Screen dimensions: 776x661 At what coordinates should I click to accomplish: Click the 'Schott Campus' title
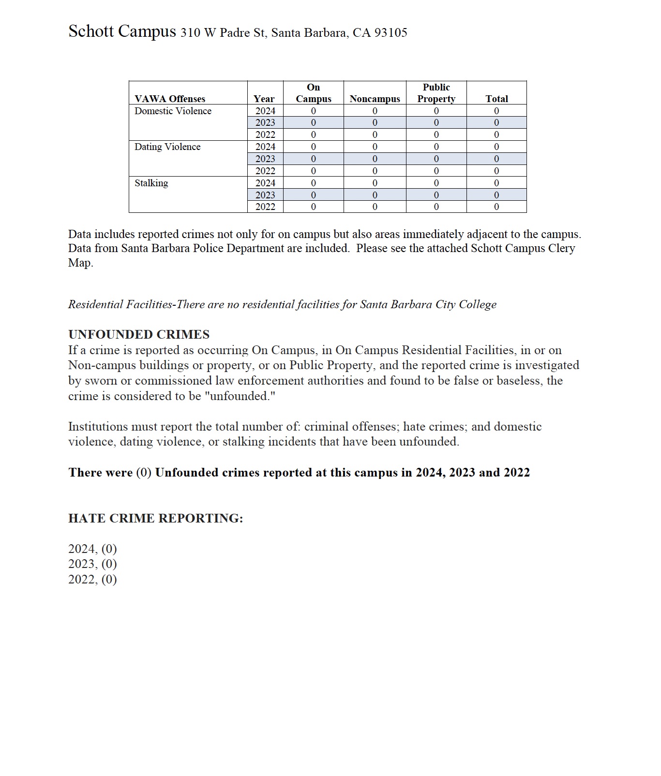122,31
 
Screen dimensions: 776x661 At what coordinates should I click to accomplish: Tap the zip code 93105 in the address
391,33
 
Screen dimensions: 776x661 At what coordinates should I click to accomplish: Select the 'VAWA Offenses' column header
170,99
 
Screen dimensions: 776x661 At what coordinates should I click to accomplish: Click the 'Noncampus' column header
375,99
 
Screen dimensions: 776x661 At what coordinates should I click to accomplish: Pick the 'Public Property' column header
436,93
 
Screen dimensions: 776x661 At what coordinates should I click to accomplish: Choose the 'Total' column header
496,99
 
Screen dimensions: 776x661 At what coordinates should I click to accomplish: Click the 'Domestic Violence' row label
173,111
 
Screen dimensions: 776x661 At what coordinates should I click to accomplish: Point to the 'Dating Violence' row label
167,147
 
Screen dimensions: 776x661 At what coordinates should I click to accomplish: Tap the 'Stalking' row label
151,183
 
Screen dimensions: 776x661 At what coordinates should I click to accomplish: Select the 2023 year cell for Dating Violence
265,159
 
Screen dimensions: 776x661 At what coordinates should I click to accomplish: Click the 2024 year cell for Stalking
265,183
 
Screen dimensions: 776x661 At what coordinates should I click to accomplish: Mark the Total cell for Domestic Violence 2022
496,134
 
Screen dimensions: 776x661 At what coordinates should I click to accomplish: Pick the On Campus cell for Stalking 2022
313,207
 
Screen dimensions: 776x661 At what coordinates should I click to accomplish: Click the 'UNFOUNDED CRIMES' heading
139,334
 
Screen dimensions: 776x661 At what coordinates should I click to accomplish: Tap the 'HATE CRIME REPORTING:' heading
155,518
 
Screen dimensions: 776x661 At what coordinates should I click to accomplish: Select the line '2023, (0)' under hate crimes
92,564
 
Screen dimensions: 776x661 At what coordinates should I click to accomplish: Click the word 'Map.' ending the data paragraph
80,263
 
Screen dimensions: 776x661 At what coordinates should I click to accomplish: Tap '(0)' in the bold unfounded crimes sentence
144,472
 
